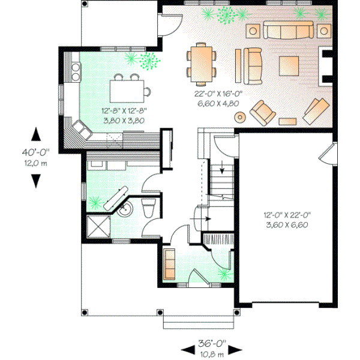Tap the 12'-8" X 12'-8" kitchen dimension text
(x=125, y=110)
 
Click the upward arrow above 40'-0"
(x=37, y=133)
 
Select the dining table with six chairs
(x=202, y=62)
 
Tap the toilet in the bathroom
(x=148, y=208)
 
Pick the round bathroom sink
(x=125, y=209)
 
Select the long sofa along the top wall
(x=288, y=31)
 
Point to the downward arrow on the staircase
(x=223, y=170)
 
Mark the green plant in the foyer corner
(x=224, y=274)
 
